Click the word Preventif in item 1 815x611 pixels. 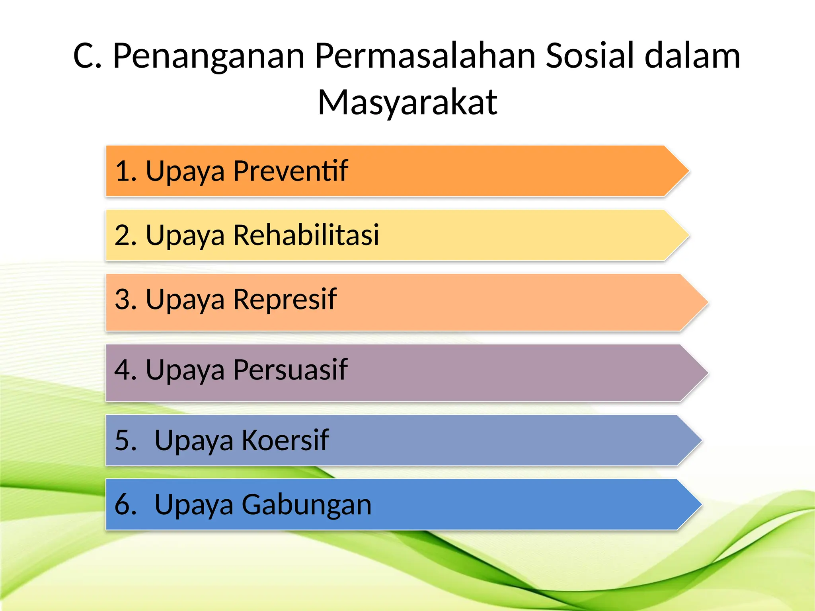click(291, 171)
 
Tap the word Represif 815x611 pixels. click(285, 299)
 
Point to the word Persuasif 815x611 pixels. click(290, 370)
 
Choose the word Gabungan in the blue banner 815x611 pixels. click(306, 504)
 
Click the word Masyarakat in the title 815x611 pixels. click(407, 103)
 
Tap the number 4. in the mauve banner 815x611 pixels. click(125, 370)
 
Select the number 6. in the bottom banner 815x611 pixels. click(125, 504)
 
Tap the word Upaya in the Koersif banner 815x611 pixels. click(193, 441)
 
